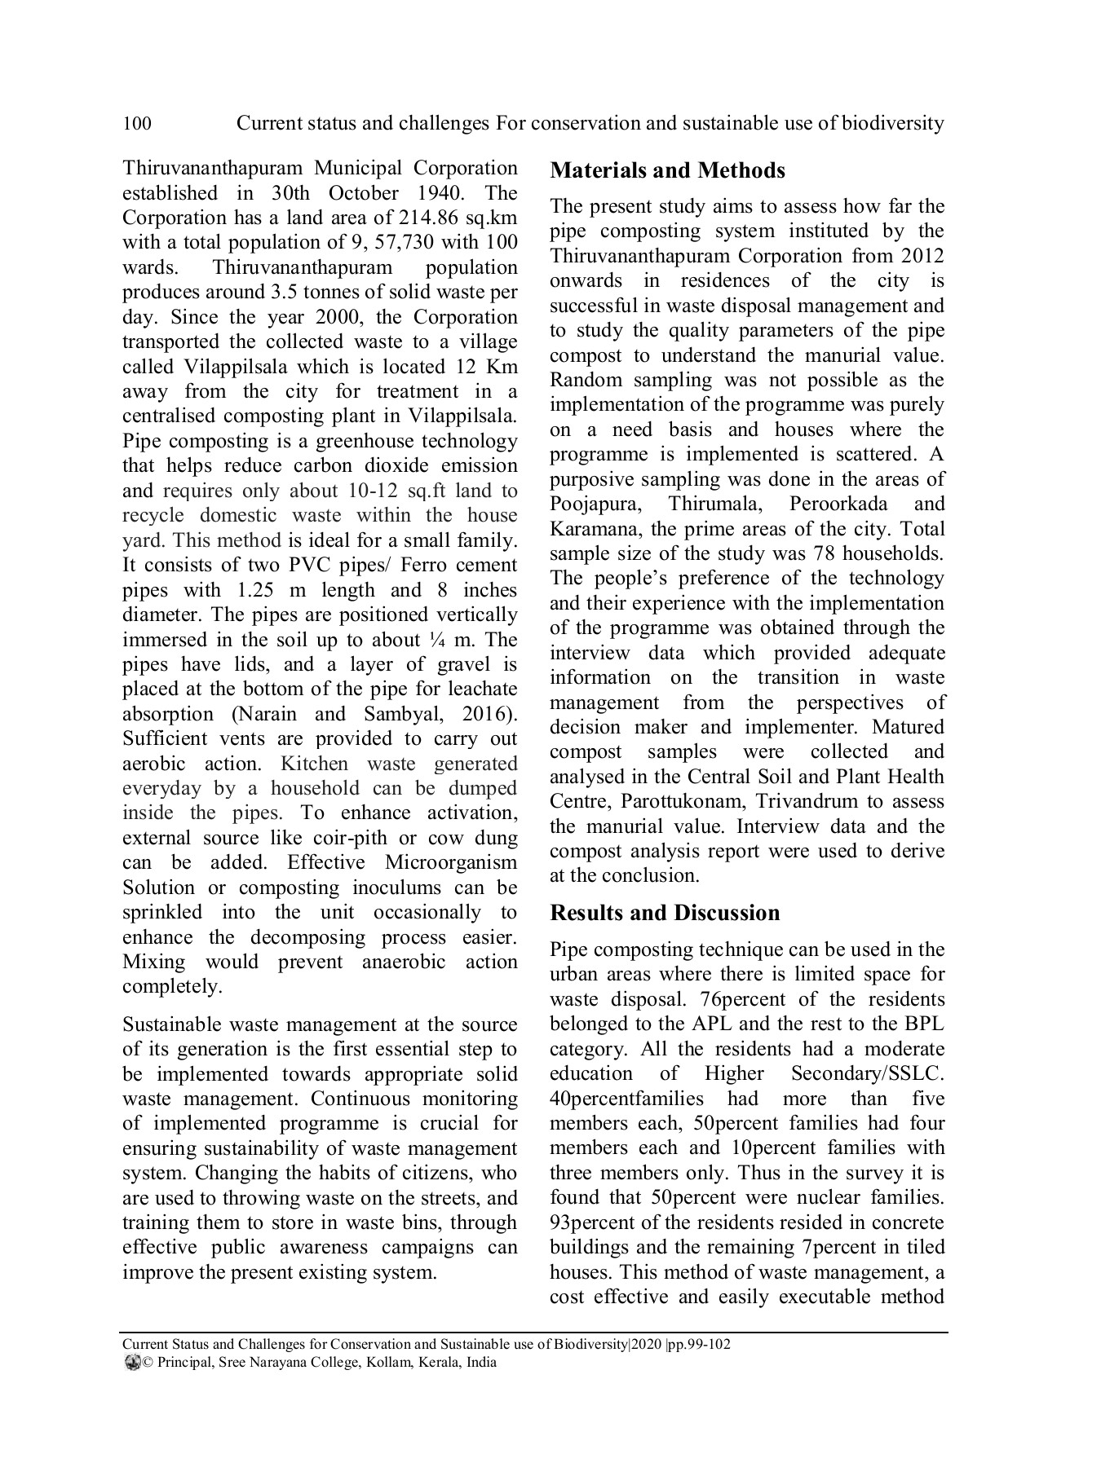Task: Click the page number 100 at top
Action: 136,124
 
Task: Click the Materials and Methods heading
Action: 667,170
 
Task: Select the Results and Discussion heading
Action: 665,912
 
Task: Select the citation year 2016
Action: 487,714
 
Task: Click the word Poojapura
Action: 595,504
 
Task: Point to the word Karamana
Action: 595,529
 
